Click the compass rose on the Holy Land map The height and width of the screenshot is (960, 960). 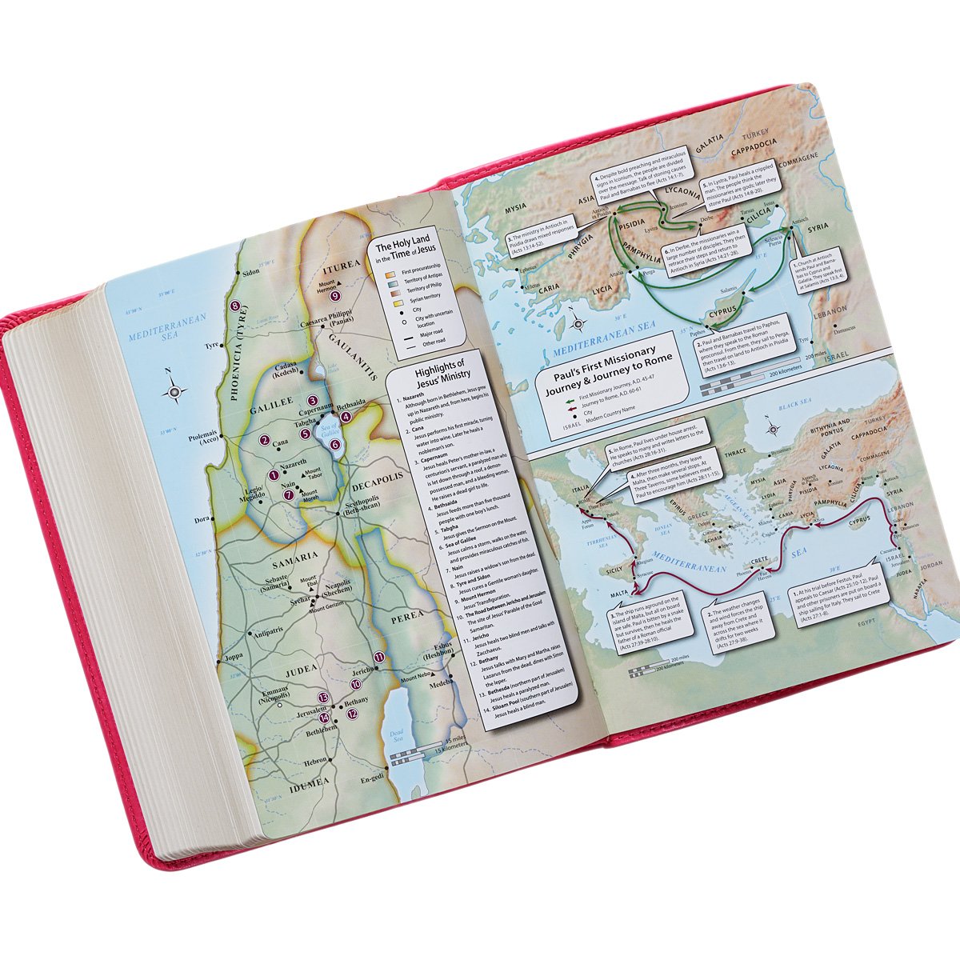174,392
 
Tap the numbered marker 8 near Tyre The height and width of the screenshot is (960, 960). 234,306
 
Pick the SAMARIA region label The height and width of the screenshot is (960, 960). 297,556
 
